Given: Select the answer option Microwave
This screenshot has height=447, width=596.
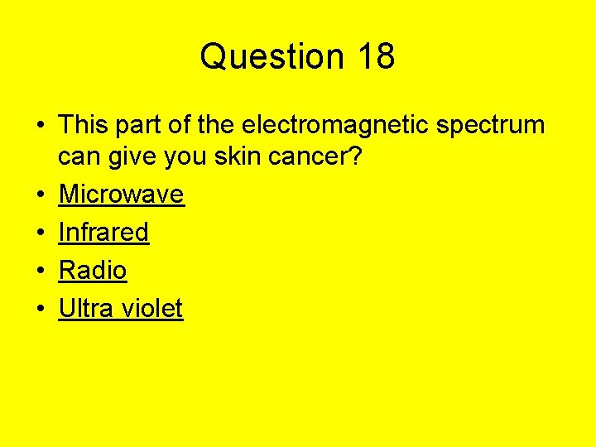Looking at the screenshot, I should [x=121, y=195].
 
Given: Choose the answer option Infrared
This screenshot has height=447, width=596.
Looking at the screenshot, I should [x=103, y=233].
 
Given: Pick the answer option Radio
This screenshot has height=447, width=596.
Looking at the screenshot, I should [x=92, y=271].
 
